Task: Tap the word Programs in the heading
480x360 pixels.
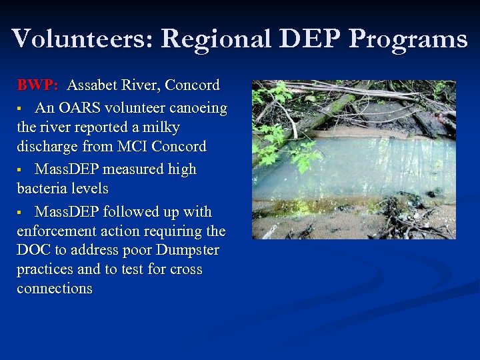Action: pos(408,39)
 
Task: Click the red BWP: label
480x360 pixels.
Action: pos(38,85)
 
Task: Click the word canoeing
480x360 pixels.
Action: pos(197,108)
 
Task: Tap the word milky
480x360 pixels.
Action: pos(156,127)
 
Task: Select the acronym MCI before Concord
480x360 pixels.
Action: pos(131,146)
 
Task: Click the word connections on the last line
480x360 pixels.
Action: pos(55,289)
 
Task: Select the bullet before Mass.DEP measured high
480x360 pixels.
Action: pos(21,170)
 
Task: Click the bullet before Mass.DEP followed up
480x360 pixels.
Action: pos(21,213)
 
